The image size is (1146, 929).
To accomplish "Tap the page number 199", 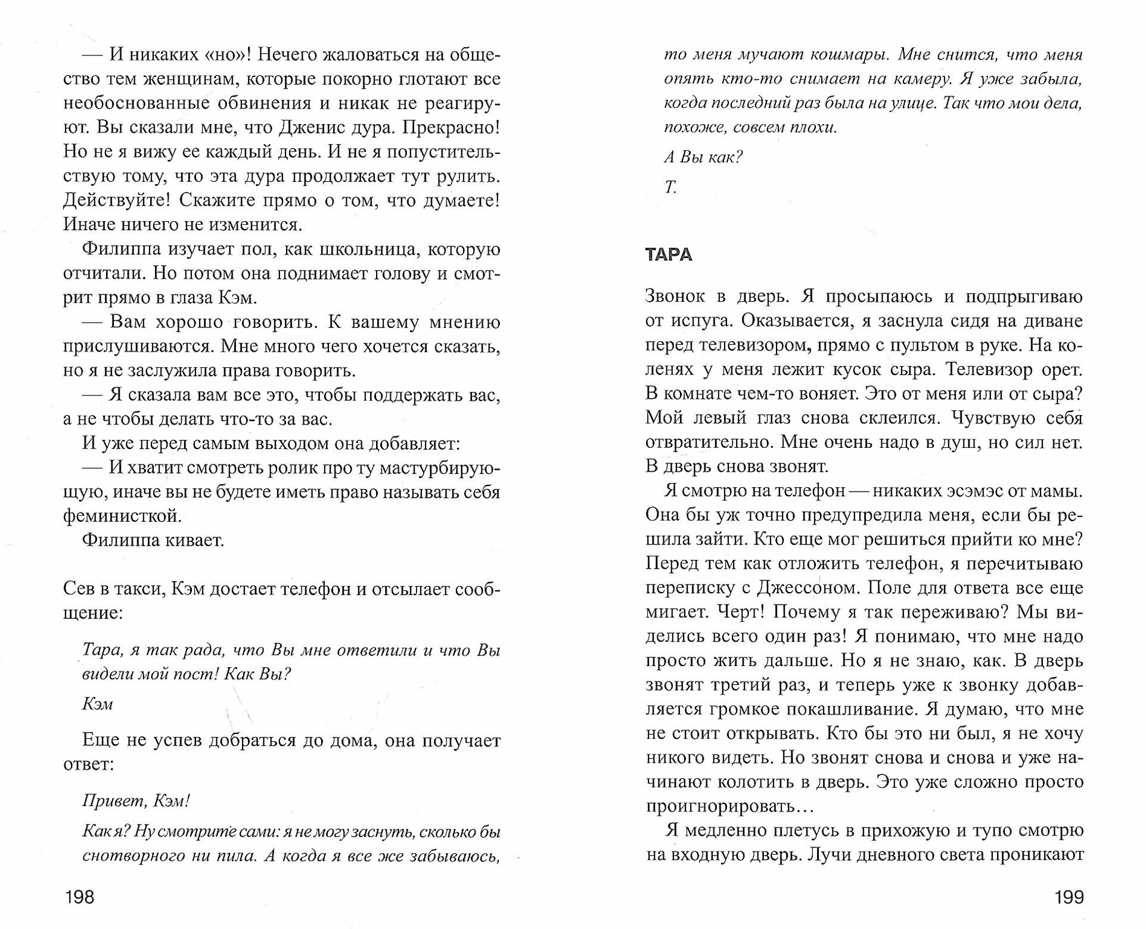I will tap(1067, 896).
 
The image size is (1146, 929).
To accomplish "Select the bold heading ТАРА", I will tap(669, 255).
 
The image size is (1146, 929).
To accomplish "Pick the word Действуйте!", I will tap(117, 200).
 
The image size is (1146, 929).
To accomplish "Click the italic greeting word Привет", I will tap(107, 801).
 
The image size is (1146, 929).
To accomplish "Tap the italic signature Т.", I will tap(670, 187).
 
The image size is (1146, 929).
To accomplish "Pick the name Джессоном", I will tap(807, 588).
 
